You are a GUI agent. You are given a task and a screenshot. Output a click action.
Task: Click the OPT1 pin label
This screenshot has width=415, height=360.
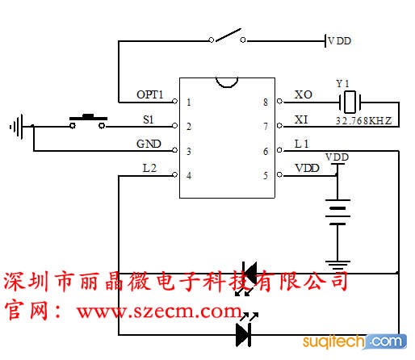(x=150, y=94)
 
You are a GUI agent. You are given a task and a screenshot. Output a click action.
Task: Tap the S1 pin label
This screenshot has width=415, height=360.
(x=149, y=119)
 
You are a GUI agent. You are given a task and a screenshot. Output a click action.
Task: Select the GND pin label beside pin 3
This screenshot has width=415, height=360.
(x=149, y=144)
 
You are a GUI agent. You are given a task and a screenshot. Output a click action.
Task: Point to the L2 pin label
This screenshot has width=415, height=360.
(x=149, y=169)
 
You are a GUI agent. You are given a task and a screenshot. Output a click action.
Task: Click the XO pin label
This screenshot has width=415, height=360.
(x=304, y=94)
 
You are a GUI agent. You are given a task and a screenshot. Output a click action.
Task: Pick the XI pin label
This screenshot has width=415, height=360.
(x=301, y=119)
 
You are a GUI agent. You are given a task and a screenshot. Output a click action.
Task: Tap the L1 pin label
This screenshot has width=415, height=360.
(x=301, y=144)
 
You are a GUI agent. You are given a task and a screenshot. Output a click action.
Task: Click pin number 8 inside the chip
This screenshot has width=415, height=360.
(x=266, y=103)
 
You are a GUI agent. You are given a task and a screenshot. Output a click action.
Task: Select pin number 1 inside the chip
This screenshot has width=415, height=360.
(x=189, y=103)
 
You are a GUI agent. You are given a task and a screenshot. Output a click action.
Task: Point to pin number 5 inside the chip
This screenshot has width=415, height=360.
(x=266, y=176)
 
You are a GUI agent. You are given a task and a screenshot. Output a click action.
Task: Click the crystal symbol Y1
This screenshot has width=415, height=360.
(x=350, y=103)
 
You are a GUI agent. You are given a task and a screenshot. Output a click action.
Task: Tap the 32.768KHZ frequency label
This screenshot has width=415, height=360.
(x=363, y=121)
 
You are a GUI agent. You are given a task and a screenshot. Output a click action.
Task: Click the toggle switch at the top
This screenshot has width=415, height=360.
(x=228, y=36)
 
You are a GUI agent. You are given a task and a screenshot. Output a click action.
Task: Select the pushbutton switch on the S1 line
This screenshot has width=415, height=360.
(x=87, y=122)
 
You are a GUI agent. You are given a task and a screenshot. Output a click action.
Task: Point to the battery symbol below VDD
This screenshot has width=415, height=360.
(x=337, y=212)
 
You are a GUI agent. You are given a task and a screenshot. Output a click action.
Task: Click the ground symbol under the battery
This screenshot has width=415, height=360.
(x=337, y=265)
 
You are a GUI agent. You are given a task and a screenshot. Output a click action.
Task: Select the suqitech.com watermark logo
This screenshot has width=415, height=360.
(x=354, y=341)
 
